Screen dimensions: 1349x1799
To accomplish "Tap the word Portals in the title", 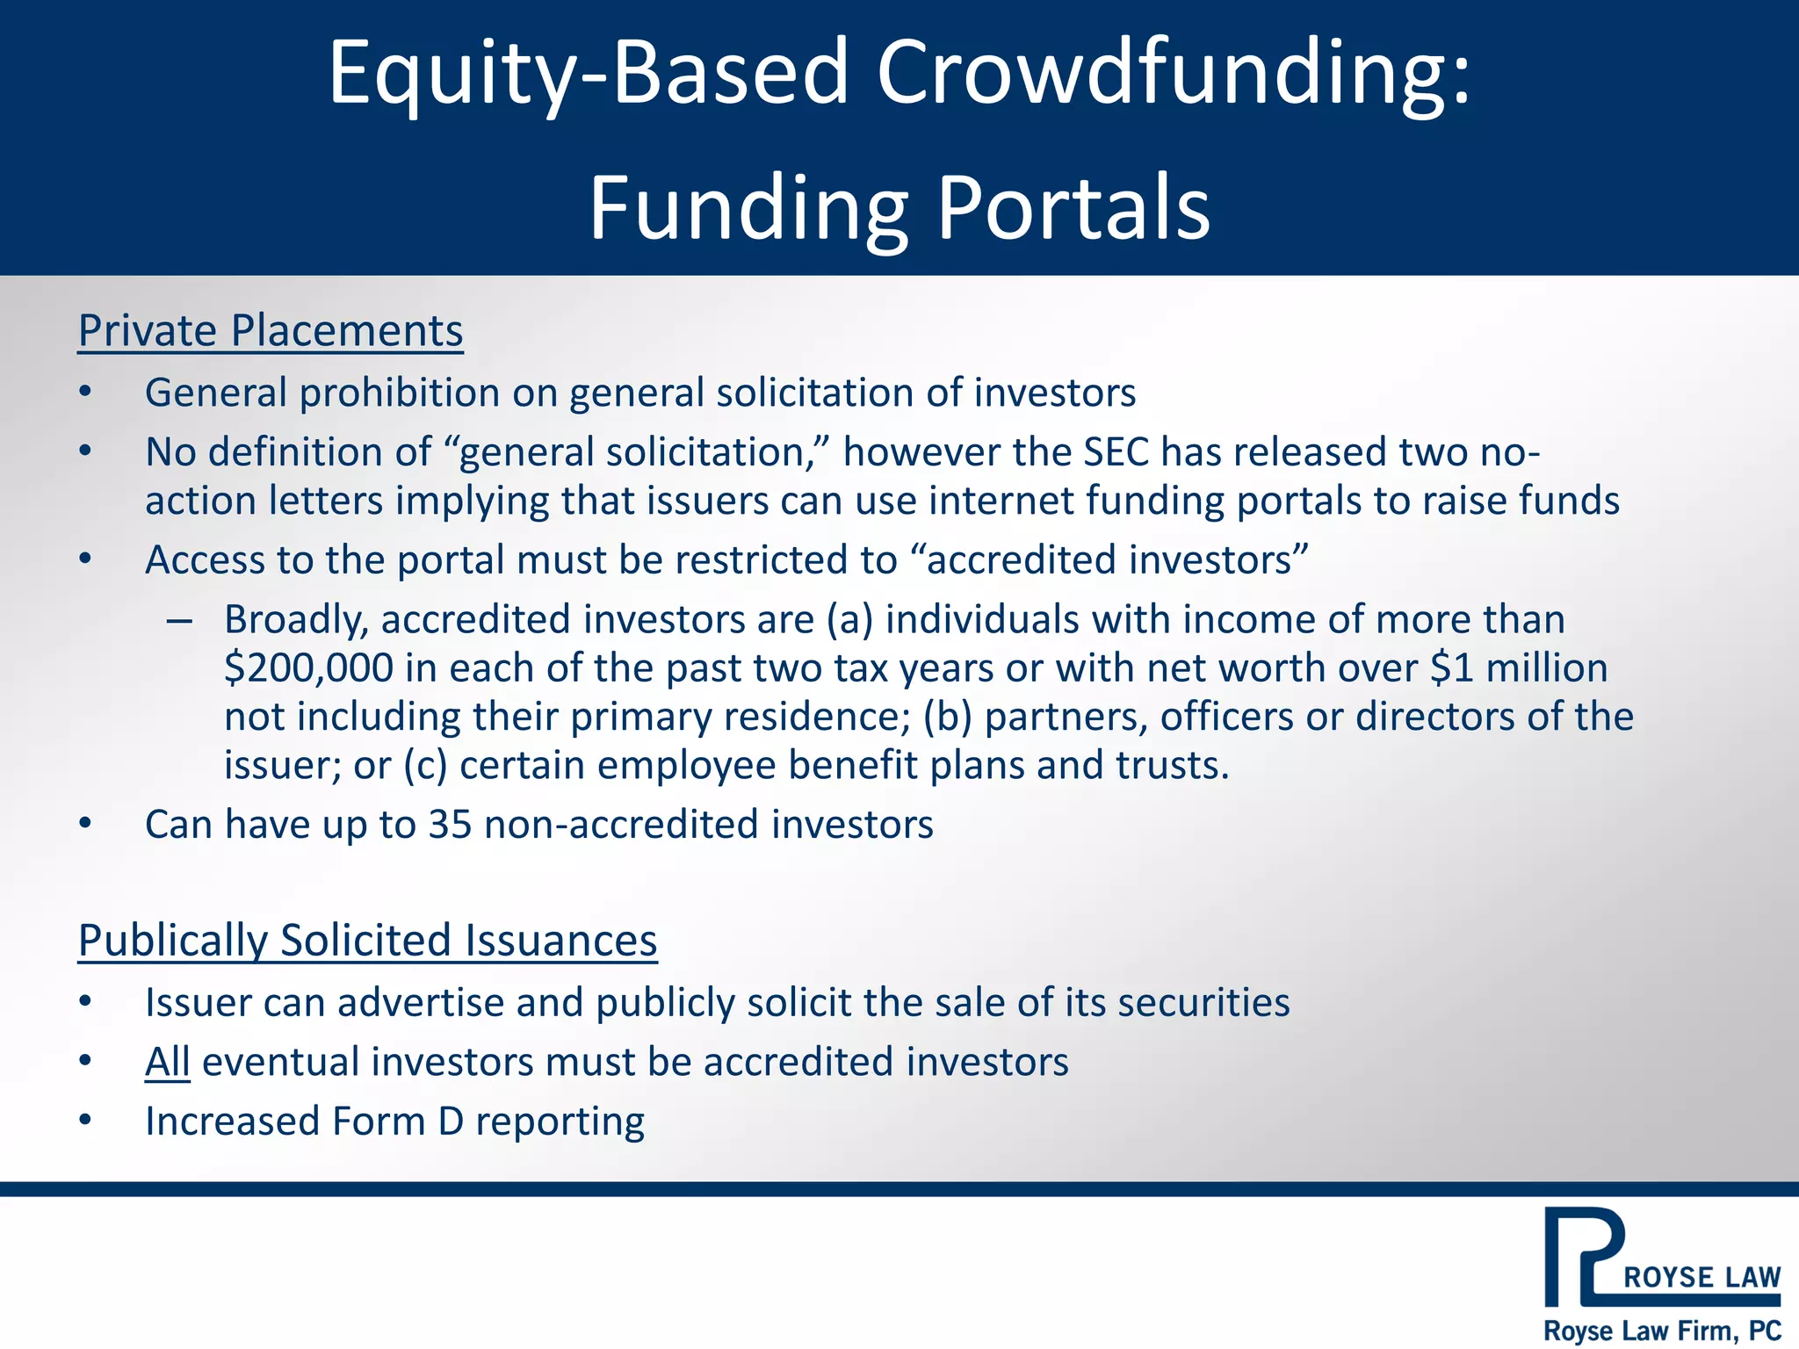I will click(1073, 209).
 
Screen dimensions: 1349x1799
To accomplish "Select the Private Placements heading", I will click(271, 332).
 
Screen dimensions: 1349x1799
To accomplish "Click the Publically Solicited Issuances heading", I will click(367, 941).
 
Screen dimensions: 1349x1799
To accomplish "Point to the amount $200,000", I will click(308, 668).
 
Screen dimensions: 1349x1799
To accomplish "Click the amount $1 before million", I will click(1450, 668).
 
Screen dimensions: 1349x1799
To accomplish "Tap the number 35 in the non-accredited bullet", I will click(450, 825).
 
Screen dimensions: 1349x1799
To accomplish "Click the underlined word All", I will click(167, 1062).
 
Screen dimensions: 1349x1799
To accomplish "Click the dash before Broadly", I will click(179, 621).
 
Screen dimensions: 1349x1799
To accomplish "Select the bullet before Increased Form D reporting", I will click(85, 1121).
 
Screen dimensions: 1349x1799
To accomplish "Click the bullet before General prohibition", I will click(85, 393).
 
